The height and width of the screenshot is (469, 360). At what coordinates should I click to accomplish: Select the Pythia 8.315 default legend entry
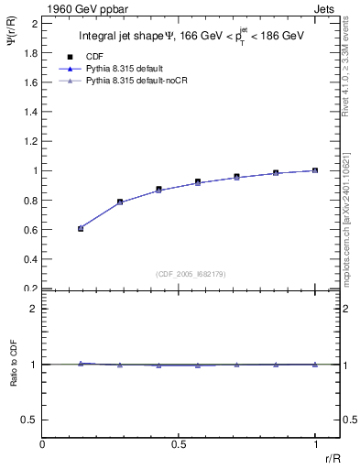pyautogui.click(x=122, y=69)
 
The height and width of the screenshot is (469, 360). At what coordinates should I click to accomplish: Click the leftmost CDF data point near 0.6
pyautogui.click(x=81, y=228)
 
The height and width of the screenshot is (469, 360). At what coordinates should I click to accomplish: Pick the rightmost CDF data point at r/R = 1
pyautogui.click(x=315, y=170)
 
